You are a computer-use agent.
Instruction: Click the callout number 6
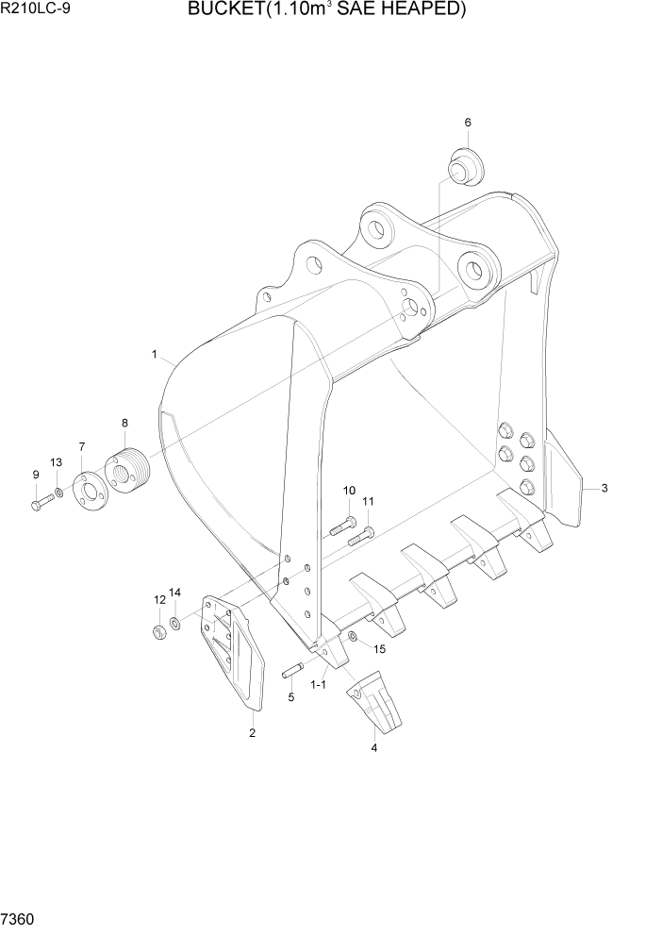[x=467, y=123]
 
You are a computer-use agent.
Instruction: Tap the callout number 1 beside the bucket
[x=153, y=354]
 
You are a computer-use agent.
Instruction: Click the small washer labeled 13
[x=59, y=494]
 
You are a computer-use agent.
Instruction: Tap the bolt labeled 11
[x=358, y=537]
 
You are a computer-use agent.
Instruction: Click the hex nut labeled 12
[x=159, y=630]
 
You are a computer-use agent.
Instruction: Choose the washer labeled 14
[x=176, y=625]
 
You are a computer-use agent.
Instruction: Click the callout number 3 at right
[x=604, y=488]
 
